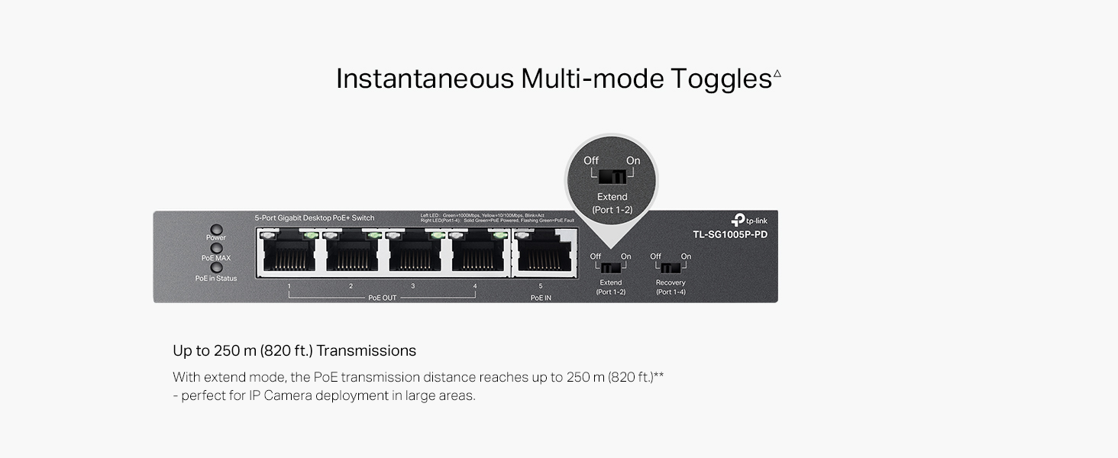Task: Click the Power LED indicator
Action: click(216, 229)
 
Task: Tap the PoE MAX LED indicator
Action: click(216, 248)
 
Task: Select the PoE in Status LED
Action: click(216, 268)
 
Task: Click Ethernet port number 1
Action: click(289, 252)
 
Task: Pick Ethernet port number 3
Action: click(414, 252)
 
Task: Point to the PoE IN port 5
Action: click(542, 252)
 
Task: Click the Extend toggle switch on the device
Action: click(610, 269)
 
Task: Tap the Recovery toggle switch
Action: click(670, 269)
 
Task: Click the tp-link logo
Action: click(748, 220)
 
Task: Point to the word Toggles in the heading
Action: click(721, 79)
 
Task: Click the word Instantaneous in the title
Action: click(425, 79)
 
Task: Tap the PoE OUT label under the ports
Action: click(382, 298)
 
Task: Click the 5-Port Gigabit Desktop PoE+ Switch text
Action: click(315, 218)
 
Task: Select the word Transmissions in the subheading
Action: click(367, 351)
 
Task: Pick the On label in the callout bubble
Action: click(633, 160)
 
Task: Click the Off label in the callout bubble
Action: click(591, 160)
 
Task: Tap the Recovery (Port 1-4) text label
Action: click(670, 288)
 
